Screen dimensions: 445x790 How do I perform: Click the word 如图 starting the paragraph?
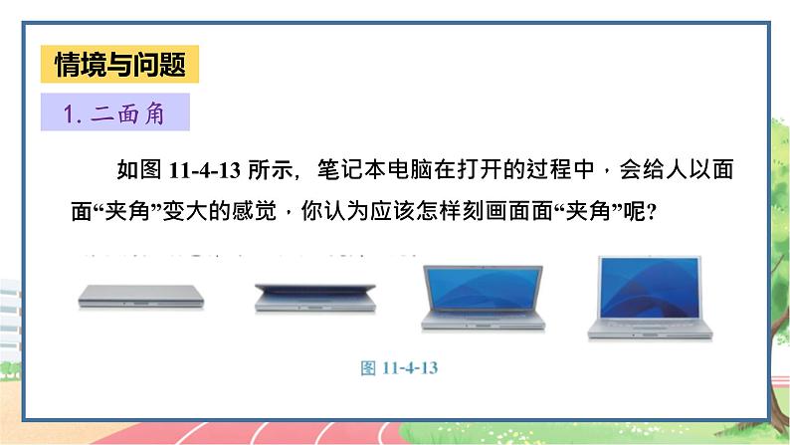pyautogui.click(x=131, y=171)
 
